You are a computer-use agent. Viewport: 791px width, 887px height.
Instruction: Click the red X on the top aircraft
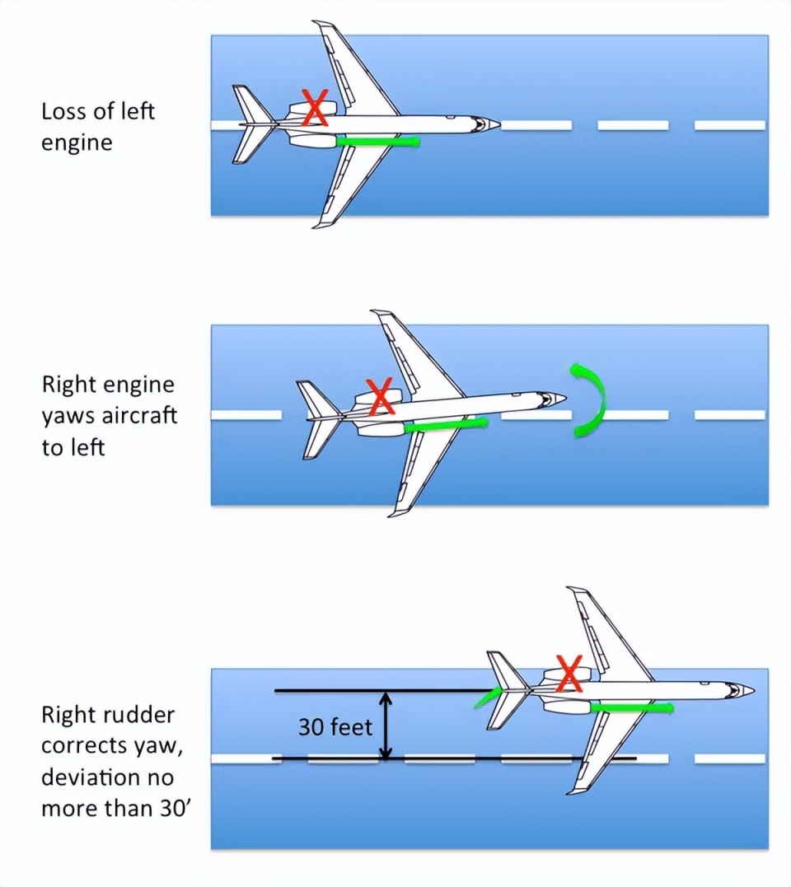coord(314,108)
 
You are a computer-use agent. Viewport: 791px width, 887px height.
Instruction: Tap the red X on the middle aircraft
coord(380,396)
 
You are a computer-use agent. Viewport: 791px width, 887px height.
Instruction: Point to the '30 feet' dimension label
coord(335,726)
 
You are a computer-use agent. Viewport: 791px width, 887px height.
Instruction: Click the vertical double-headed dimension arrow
coord(384,725)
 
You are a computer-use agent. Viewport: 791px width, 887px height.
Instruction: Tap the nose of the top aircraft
coord(494,124)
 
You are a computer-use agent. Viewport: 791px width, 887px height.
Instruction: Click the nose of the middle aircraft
coord(561,399)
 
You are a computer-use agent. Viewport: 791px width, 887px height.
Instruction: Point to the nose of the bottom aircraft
coord(749,689)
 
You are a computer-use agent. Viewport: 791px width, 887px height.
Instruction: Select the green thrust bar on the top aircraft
coord(378,142)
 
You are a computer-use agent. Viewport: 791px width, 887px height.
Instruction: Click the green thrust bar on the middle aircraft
coord(446,424)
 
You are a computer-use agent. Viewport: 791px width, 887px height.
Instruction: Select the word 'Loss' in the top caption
coord(63,110)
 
